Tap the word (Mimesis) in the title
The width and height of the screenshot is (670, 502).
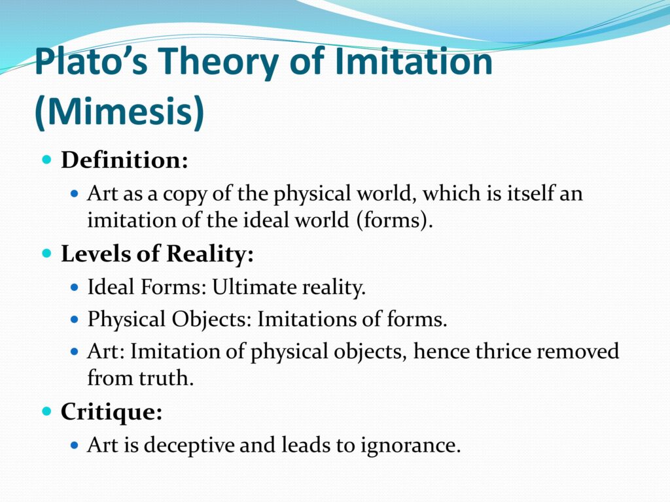tap(120, 111)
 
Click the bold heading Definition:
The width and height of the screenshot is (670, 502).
tap(124, 160)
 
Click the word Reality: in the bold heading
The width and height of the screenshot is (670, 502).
tap(210, 254)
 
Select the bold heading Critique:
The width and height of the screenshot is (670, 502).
tap(111, 412)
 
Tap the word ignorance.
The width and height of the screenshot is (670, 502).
tap(410, 446)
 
